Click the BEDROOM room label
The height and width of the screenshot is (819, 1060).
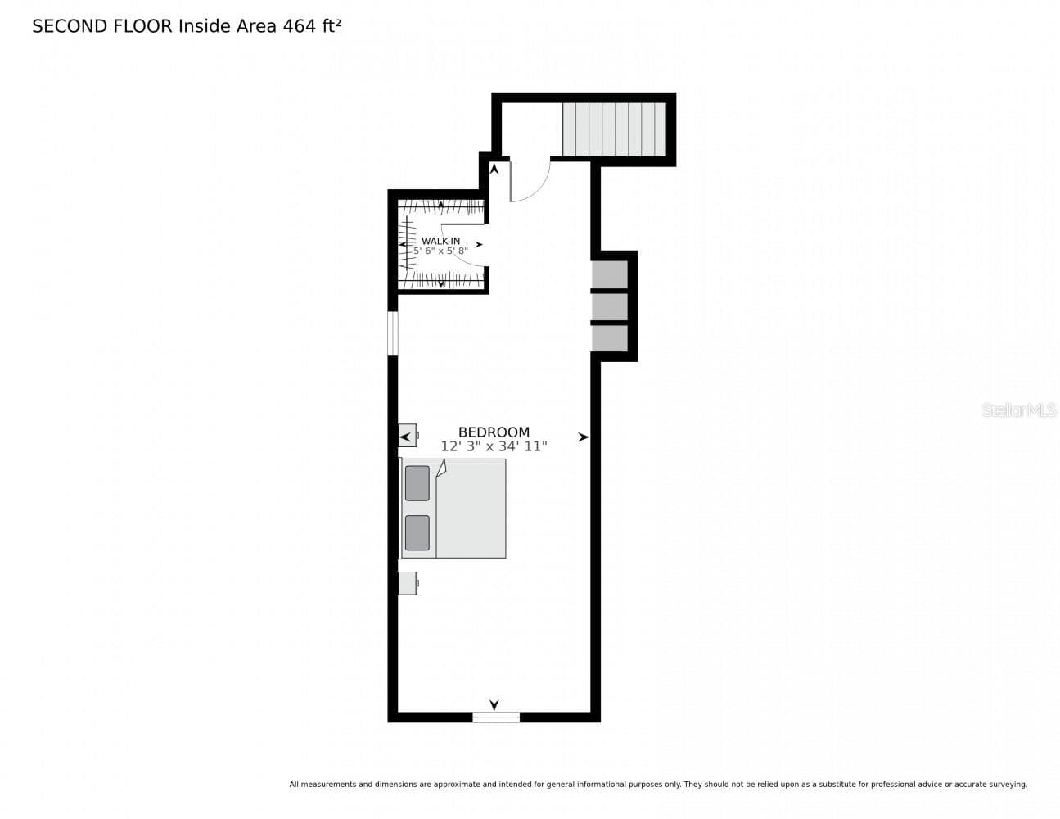click(494, 432)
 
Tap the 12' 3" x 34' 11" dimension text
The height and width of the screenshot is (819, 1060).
click(494, 446)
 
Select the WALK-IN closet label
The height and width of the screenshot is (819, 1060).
click(440, 241)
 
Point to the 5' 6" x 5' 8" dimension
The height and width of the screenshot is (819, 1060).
click(440, 251)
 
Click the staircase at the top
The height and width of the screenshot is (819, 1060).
click(614, 129)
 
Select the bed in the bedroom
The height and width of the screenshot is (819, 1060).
click(453, 508)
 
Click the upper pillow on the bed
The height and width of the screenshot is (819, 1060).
click(417, 483)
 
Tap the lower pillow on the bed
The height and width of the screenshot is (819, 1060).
click(417, 532)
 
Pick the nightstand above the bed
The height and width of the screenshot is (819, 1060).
click(408, 435)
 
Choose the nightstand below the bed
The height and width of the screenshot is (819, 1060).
click(408, 583)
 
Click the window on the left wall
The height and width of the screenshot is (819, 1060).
click(393, 333)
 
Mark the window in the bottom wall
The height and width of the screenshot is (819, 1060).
click(496, 717)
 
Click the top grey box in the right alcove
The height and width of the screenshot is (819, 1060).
click(609, 274)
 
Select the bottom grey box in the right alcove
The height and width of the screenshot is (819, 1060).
click(609, 337)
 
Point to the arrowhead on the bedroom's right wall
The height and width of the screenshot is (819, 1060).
click(584, 437)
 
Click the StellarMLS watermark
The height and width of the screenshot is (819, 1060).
click(1018, 410)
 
